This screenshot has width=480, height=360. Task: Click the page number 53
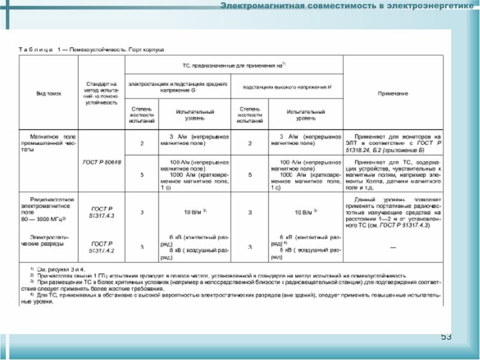point(446,336)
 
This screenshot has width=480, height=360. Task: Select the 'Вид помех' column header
point(49,93)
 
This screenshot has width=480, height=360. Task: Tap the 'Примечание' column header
point(393,93)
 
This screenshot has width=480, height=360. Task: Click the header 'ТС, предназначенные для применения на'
point(233,64)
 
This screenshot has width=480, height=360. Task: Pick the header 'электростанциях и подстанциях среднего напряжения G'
point(176,88)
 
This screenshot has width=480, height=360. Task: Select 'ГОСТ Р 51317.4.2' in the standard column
point(101,246)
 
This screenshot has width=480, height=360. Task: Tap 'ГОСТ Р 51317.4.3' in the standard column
point(101,212)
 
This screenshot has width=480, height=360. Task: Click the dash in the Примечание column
point(393,247)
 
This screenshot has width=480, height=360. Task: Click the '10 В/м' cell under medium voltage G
point(196,212)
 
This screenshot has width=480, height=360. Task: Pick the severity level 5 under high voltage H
point(249,175)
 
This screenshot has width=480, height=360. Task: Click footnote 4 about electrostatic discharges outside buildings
point(234,298)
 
